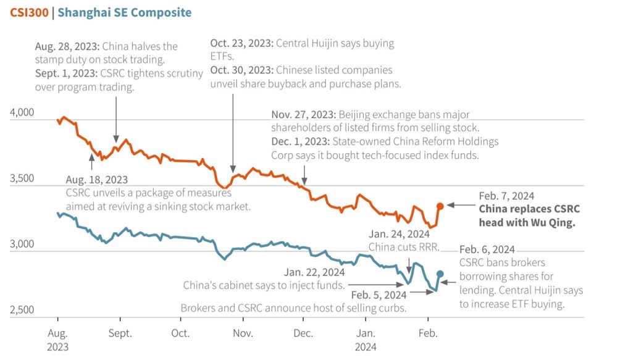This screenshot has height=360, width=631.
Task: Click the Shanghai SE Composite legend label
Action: tap(125, 12)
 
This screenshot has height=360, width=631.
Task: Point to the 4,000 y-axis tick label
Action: tap(22, 112)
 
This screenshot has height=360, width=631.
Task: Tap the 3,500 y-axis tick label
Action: tap(22, 178)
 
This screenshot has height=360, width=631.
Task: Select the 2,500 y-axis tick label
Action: tap(22, 309)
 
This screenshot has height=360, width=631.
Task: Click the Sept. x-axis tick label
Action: tap(120, 333)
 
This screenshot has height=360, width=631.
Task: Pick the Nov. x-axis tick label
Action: tap(243, 333)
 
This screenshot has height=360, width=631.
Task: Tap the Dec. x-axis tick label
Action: tap(303, 333)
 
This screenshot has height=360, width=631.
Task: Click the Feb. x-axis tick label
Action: tap(428, 333)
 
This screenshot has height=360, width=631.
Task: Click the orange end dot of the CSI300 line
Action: tap(440, 206)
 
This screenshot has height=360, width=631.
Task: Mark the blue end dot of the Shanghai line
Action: tap(440, 274)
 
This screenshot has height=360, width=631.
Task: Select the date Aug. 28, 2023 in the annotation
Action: tap(67, 46)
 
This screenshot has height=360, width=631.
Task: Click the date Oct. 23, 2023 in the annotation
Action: tap(241, 44)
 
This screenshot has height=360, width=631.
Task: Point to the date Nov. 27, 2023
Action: tap(303, 115)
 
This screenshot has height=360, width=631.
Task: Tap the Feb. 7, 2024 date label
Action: tap(506, 196)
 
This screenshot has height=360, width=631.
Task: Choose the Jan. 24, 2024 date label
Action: tap(399, 235)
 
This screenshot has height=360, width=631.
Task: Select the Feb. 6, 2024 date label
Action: tap(487, 249)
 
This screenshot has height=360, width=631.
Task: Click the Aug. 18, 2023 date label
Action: tap(97, 180)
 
